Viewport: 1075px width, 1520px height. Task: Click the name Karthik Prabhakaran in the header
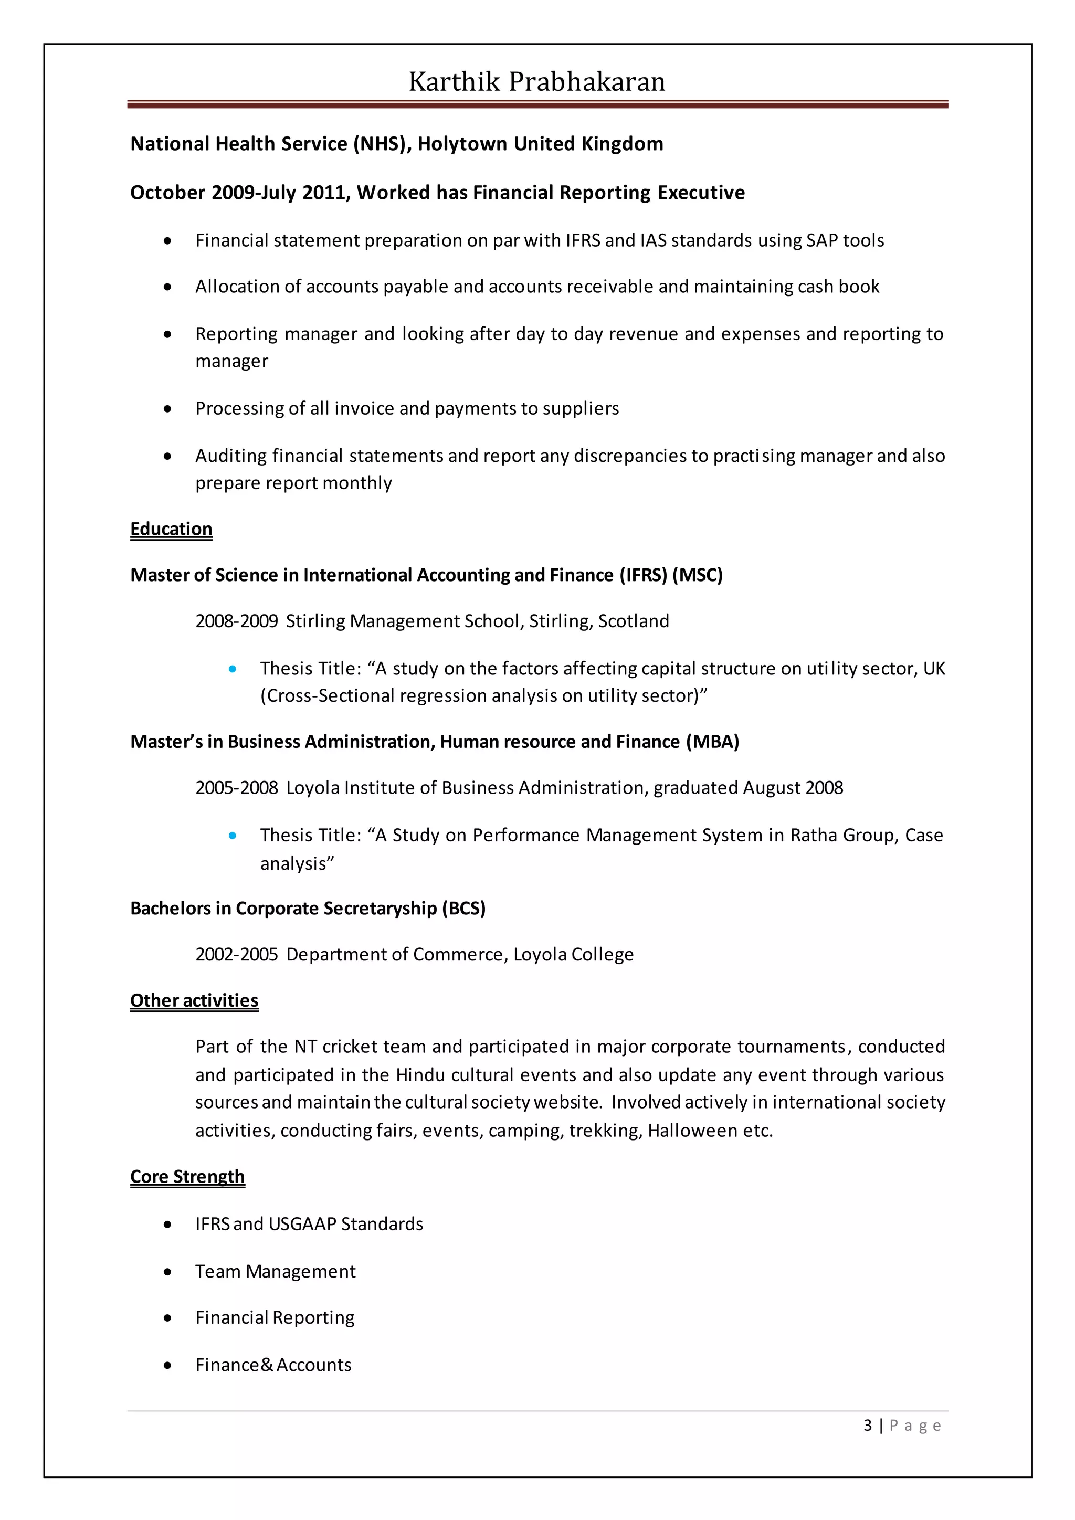click(537, 82)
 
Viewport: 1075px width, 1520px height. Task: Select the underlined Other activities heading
click(194, 1000)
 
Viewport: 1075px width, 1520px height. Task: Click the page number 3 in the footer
click(867, 1426)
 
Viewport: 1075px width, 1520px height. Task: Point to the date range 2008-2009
click(236, 621)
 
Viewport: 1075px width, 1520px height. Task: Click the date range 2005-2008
click(236, 788)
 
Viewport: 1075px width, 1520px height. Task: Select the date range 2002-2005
click(236, 955)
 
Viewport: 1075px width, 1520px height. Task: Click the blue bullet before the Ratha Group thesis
click(233, 836)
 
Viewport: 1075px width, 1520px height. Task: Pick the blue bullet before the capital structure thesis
click(233, 669)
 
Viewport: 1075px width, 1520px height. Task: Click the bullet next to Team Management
click(168, 1272)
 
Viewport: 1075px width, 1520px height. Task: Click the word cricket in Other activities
click(350, 1047)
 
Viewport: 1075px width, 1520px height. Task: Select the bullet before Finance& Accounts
click(168, 1366)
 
